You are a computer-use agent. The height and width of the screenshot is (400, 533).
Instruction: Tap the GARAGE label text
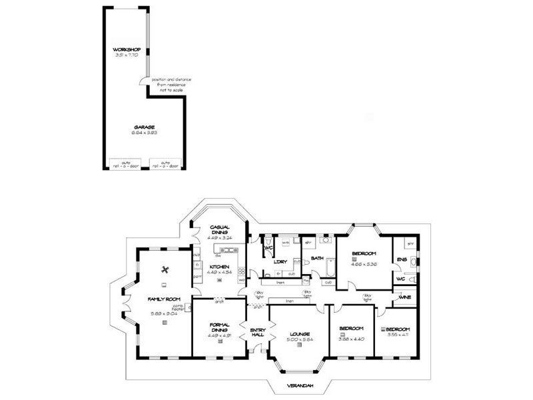(143, 127)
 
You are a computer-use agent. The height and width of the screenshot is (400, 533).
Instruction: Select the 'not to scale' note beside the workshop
(171, 85)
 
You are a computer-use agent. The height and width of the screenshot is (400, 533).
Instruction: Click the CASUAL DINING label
(219, 229)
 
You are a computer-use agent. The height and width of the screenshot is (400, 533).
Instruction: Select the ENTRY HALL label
(257, 333)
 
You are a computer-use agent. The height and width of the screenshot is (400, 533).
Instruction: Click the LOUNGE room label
(298, 333)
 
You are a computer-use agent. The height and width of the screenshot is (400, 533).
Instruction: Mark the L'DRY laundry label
(280, 262)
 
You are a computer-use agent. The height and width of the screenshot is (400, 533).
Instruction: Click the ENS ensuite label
(402, 259)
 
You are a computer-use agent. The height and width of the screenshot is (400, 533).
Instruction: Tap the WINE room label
(404, 297)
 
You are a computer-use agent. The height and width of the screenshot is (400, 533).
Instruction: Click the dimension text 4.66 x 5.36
(364, 263)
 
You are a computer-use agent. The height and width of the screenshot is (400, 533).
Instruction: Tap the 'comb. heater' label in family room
(179, 306)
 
